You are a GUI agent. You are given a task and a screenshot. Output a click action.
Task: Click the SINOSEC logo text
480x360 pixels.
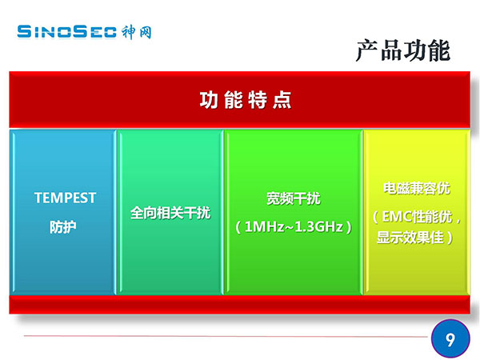(x=66, y=32)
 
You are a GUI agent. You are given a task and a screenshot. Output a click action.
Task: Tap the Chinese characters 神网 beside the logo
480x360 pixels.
(x=137, y=33)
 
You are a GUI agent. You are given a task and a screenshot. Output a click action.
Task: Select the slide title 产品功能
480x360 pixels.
(x=403, y=51)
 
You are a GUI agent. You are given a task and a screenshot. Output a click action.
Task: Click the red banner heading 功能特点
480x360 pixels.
(x=246, y=100)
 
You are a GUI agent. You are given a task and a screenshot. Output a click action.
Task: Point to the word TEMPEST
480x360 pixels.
(x=66, y=198)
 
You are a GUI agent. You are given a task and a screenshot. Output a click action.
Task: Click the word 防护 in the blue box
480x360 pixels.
(x=63, y=227)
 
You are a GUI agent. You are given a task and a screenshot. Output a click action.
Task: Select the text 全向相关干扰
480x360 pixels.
(x=170, y=213)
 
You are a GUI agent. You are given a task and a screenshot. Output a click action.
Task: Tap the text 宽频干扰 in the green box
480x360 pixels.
(x=294, y=198)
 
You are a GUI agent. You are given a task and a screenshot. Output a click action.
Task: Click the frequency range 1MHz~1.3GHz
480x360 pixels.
(x=294, y=227)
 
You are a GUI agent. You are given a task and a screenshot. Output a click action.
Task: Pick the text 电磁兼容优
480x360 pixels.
(x=417, y=188)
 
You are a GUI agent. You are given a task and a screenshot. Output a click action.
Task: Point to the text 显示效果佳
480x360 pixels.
(x=410, y=238)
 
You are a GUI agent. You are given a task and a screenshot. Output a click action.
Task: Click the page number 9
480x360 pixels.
(x=450, y=339)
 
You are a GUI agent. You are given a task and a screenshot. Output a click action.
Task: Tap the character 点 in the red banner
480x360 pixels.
(x=282, y=100)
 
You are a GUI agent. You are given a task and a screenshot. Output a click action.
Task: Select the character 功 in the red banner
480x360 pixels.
(x=209, y=100)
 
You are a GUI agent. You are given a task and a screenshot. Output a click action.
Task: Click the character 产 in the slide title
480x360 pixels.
(x=367, y=51)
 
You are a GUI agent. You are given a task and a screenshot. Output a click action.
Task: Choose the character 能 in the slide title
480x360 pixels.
(x=439, y=51)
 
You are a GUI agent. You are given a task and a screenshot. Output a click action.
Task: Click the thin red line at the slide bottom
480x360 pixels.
(x=226, y=336)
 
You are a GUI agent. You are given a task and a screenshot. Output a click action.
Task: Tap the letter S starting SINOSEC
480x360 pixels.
(x=24, y=32)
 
